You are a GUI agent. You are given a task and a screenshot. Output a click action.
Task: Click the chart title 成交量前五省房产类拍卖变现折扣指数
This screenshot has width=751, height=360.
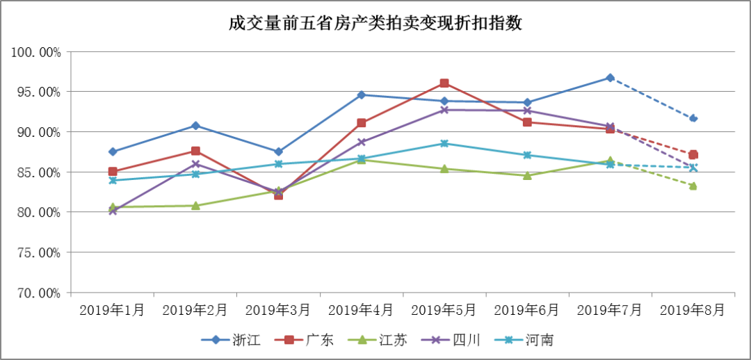(375, 24)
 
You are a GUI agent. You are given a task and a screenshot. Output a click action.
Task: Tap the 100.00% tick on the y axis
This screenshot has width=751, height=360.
(36, 52)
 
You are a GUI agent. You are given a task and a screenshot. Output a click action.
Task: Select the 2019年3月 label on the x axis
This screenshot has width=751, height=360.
(278, 310)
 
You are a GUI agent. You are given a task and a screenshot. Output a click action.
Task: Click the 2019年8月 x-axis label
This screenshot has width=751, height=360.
(693, 310)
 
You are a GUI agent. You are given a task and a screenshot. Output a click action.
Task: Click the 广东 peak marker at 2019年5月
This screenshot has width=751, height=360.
(444, 83)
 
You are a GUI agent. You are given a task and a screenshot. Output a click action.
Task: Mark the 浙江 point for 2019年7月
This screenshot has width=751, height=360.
(610, 78)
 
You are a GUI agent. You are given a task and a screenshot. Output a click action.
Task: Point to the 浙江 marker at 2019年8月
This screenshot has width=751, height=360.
(693, 118)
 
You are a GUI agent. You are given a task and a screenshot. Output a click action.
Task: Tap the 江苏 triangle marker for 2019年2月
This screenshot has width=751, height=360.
(195, 206)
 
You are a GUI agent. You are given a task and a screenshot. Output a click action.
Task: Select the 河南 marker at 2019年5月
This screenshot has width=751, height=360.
(444, 144)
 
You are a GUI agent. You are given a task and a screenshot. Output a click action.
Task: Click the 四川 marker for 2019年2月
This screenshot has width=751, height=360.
(195, 164)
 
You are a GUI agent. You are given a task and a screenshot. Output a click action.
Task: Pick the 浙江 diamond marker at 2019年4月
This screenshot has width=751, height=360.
(362, 95)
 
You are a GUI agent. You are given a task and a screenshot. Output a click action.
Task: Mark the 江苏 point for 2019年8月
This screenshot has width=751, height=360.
(693, 186)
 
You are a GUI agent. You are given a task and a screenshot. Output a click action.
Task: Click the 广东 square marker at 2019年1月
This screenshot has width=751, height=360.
(113, 171)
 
